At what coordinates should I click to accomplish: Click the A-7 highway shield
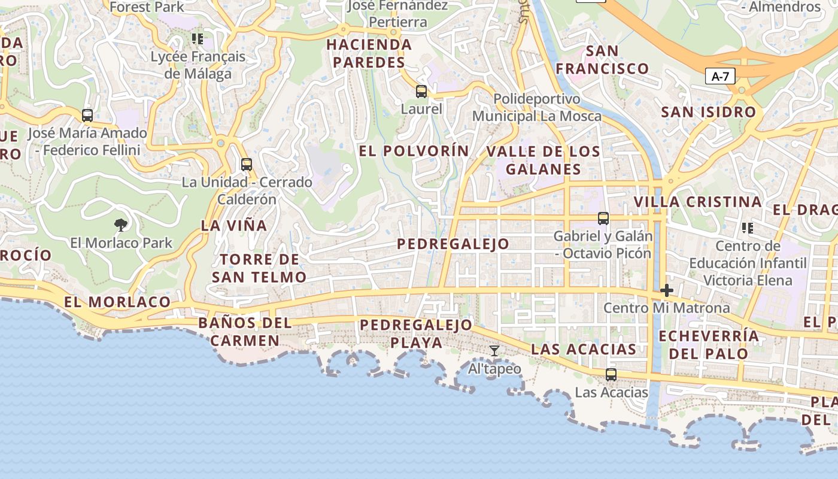click(720, 76)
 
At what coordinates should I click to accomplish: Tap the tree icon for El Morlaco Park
click(121, 225)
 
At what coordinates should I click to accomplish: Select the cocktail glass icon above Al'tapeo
click(494, 351)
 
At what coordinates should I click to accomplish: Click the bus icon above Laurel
click(421, 92)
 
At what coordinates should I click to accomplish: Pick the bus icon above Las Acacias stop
click(611, 375)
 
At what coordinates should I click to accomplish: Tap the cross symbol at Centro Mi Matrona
click(666, 291)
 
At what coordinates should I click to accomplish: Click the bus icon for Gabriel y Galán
click(603, 219)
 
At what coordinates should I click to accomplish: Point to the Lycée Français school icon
click(197, 40)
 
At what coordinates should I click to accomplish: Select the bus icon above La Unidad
click(246, 164)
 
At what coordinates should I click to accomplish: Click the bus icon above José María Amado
click(87, 116)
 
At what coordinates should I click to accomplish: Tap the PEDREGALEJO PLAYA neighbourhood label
click(416, 334)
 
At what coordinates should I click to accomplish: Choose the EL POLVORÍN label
click(414, 151)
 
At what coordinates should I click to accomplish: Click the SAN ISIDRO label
click(708, 112)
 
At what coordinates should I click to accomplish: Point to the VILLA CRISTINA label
click(697, 202)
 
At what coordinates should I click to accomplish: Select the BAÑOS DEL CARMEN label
click(245, 332)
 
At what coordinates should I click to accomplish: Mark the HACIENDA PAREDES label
click(369, 53)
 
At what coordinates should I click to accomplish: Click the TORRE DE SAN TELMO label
click(259, 268)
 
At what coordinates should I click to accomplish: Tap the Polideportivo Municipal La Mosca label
click(537, 107)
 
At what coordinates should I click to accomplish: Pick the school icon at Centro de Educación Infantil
click(747, 228)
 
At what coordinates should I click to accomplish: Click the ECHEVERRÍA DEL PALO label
click(709, 344)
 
